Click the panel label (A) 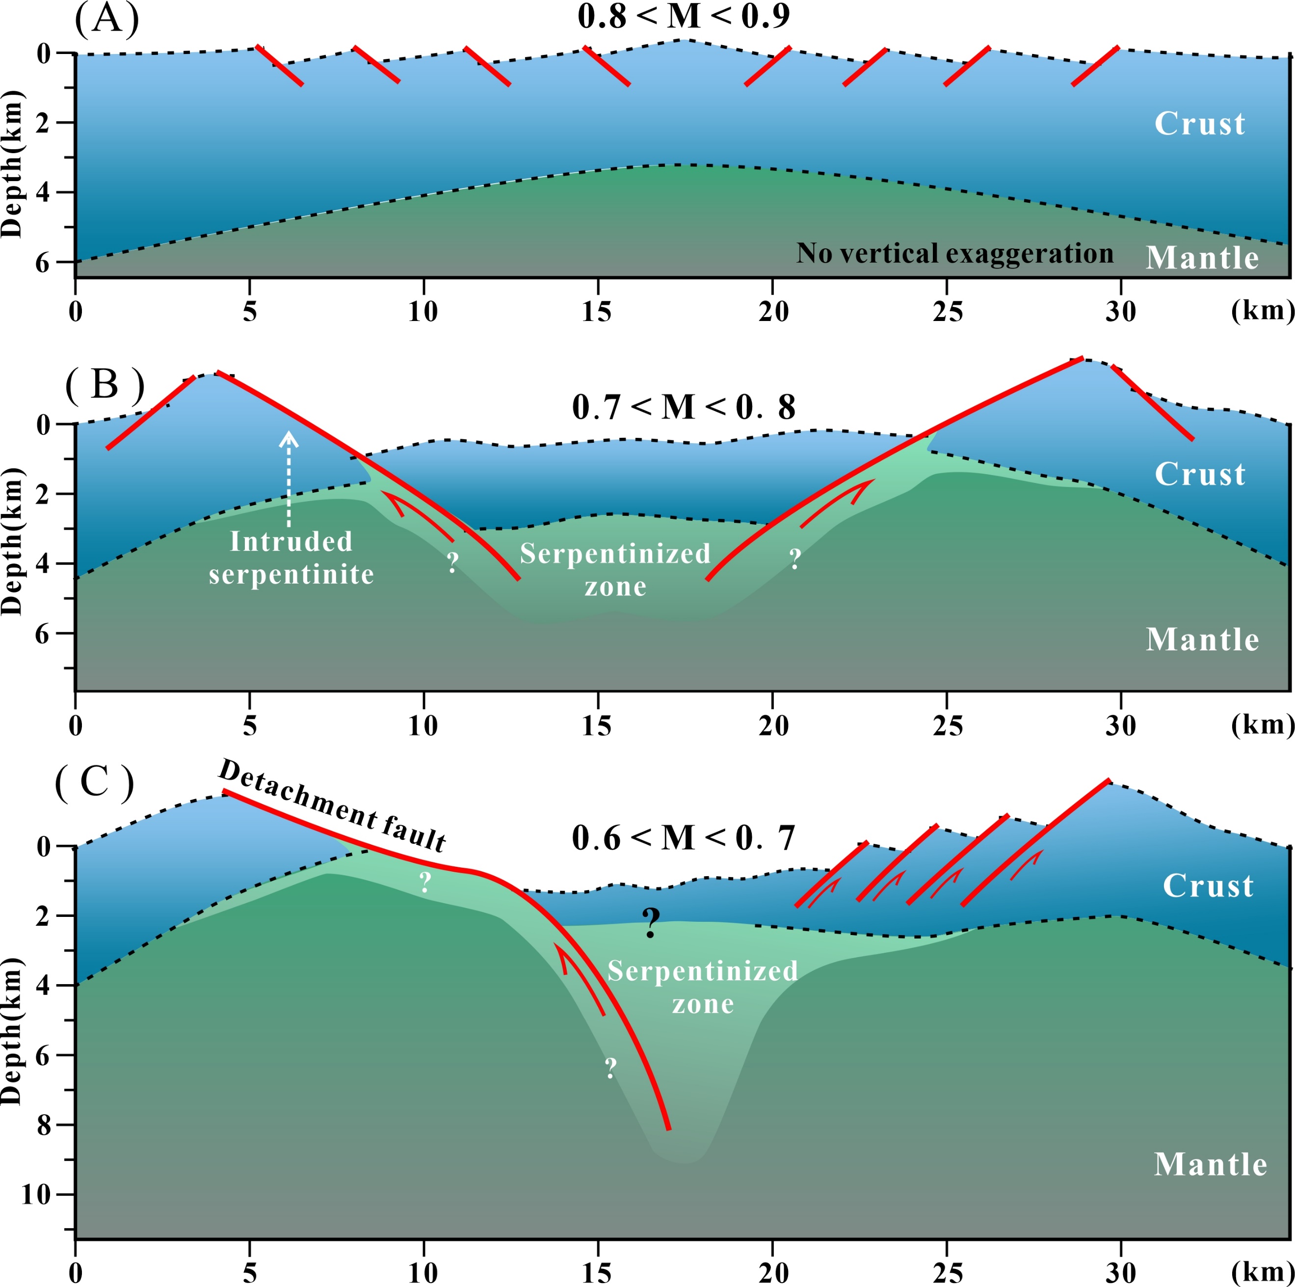106,19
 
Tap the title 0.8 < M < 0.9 684,16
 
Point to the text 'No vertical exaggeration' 954,253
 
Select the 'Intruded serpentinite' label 291,558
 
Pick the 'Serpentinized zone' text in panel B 615,569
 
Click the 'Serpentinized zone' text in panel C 703,987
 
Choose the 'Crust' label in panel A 1199,123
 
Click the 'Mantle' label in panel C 1210,1164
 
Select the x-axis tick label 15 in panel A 597,312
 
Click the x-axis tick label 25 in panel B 947,726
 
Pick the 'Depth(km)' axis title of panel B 12,540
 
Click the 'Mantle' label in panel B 1202,640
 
